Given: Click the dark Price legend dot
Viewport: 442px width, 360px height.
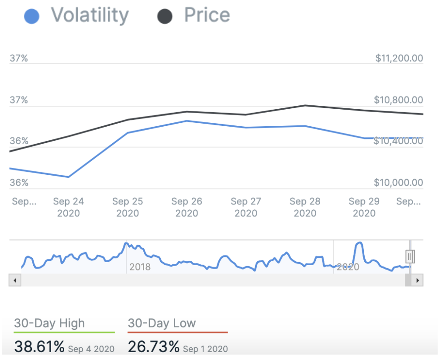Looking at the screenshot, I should [x=164, y=16].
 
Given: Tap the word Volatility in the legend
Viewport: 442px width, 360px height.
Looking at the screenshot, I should [x=90, y=15].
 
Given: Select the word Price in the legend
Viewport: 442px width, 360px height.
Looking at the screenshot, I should [x=207, y=15].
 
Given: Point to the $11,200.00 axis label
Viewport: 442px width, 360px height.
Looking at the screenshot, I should [x=399, y=58].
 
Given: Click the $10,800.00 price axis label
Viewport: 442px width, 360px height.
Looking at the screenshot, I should [x=398, y=100].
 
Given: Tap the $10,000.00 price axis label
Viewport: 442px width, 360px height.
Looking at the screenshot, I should [x=399, y=183].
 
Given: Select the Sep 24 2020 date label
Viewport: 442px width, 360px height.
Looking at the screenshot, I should [x=68, y=207].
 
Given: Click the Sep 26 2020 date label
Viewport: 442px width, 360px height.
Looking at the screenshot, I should [x=186, y=207].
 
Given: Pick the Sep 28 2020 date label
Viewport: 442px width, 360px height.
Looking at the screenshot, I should [x=305, y=207].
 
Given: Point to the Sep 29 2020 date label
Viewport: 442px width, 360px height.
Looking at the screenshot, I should [x=364, y=207].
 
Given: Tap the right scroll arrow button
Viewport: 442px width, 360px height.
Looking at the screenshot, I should [x=418, y=280].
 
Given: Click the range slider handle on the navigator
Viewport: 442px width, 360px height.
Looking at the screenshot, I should [x=410, y=256].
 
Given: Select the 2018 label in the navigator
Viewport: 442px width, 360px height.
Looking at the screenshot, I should [x=140, y=267].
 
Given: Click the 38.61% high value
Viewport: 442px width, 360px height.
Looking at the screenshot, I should [x=39, y=347].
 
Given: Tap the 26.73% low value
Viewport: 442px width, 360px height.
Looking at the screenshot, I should [x=153, y=347].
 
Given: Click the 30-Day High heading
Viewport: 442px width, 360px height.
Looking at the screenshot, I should [x=49, y=323].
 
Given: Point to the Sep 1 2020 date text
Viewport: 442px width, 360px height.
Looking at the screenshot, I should [x=205, y=349].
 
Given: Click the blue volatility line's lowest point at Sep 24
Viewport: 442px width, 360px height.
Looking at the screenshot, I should [x=69, y=177].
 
